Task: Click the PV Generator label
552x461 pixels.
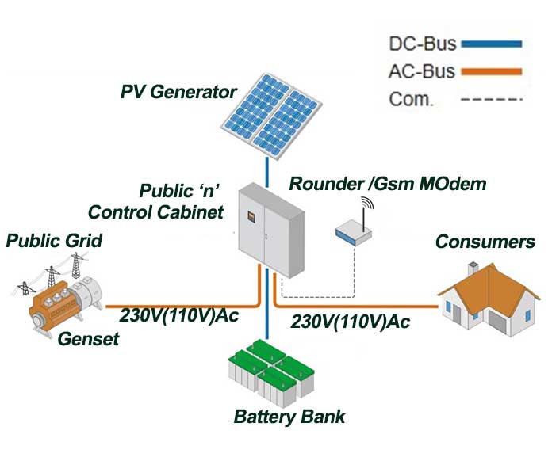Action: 178,92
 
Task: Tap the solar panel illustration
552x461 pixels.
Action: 270,115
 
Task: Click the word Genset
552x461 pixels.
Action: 88,340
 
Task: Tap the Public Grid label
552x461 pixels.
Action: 54,240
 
